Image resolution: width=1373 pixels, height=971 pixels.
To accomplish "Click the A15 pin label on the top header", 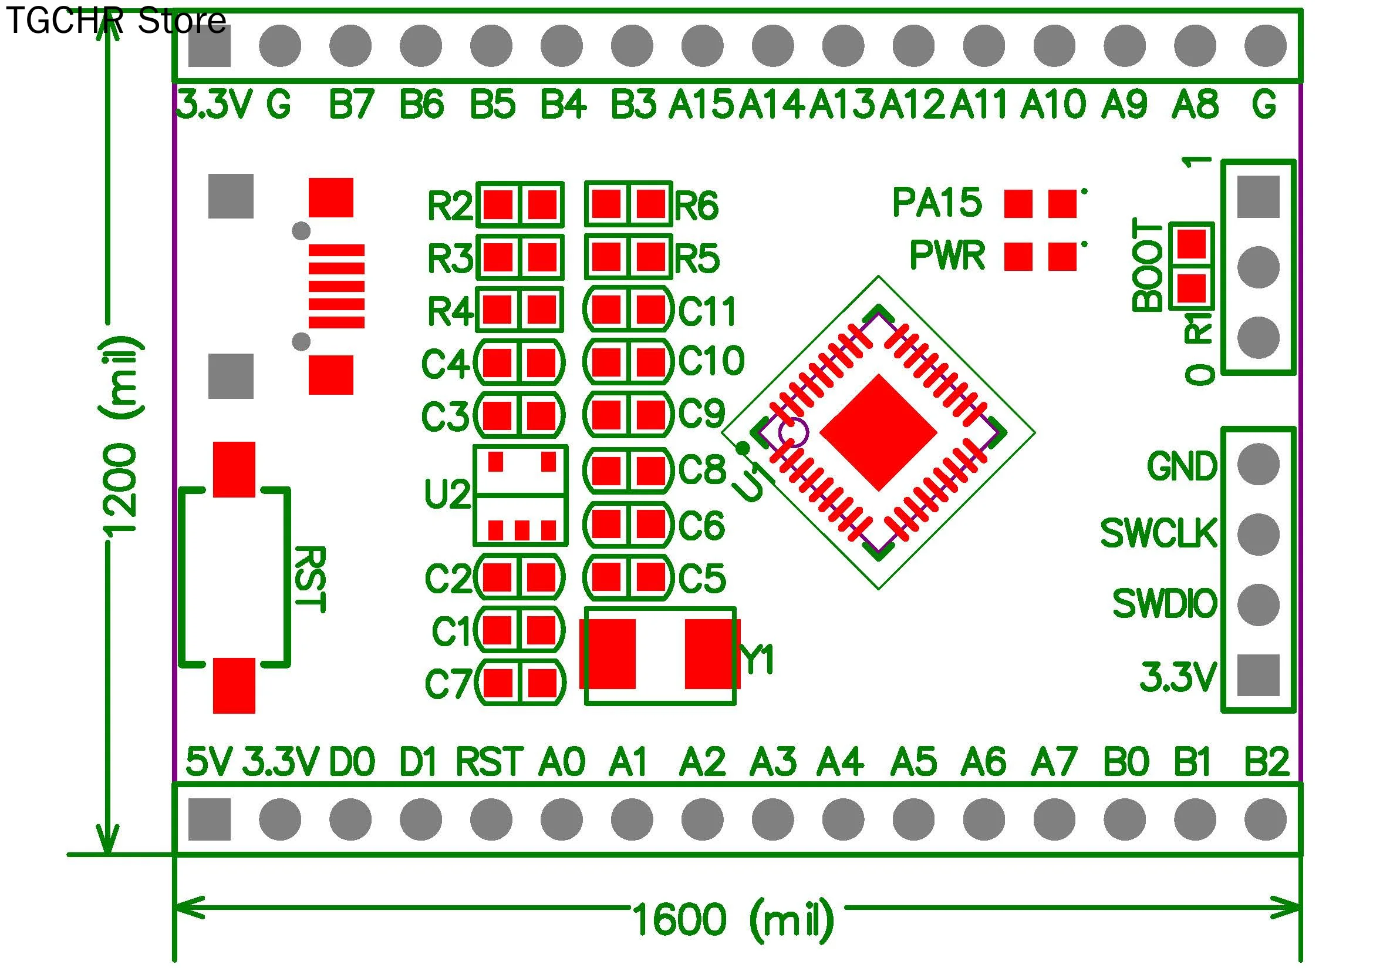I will point(700,103).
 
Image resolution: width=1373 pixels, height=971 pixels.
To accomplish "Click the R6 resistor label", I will point(697,205).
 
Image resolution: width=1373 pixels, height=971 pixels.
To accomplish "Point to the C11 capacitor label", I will point(707,311).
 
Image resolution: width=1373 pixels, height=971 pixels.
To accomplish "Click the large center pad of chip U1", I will point(878,432).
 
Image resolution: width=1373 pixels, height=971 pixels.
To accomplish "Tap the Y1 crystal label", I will point(757,660).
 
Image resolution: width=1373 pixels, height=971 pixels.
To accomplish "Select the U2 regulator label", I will point(447,494).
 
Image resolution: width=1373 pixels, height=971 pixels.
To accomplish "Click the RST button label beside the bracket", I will point(311,579).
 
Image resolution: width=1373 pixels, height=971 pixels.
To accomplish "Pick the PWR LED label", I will point(947,256).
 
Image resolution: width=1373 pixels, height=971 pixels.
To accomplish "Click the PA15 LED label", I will point(937,202).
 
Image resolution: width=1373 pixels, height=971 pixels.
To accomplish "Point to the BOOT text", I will point(1148,264).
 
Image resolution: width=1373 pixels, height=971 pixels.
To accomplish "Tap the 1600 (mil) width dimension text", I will point(733,919).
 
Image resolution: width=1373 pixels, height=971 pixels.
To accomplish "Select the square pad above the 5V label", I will point(210,819).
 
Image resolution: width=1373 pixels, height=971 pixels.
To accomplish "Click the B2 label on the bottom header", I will point(1266,762).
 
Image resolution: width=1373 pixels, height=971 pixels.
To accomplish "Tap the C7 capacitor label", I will point(448,683).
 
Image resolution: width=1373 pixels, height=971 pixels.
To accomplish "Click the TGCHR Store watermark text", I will point(116,21).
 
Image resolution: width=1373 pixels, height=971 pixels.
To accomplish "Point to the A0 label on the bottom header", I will point(561,762).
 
